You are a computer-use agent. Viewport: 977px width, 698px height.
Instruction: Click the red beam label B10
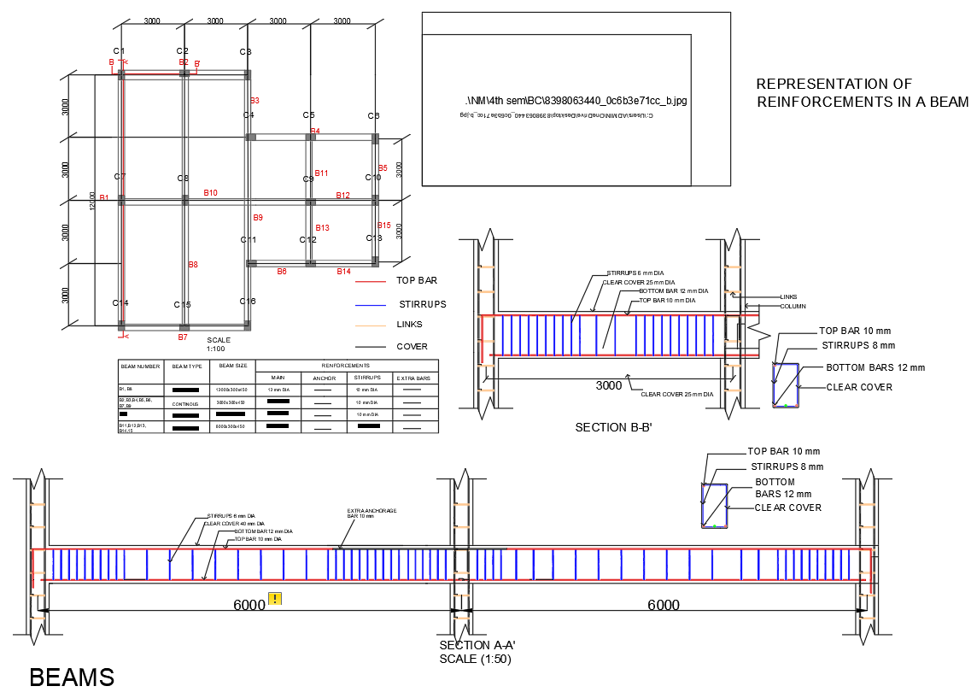coord(210,193)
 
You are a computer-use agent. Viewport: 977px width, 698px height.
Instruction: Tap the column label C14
coord(120,303)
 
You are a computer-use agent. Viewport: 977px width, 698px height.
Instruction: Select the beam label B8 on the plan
coord(193,265)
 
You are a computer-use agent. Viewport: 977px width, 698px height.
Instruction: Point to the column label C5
coord(308,115)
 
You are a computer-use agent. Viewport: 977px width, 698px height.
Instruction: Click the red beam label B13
coord(322,228)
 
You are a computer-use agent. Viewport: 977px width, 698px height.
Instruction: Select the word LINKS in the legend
coord(409,325)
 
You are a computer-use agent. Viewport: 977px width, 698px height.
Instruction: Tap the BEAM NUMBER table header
coord(140,366)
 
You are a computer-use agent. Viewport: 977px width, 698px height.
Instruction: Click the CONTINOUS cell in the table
coord(186,403)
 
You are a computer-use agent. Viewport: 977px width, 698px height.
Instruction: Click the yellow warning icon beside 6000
coord(275,599)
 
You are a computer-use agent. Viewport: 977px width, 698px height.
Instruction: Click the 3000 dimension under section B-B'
coord(609,385)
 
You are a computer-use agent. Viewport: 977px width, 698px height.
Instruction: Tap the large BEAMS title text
coord(72,677)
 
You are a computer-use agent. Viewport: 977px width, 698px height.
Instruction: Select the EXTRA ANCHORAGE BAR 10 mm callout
coord(371,513)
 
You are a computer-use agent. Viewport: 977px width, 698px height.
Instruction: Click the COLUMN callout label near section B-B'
coord(793,306)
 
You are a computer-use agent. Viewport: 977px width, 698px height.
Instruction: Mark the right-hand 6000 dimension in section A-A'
coord(663,606)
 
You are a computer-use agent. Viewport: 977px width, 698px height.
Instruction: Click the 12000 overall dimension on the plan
coord(92,203)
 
